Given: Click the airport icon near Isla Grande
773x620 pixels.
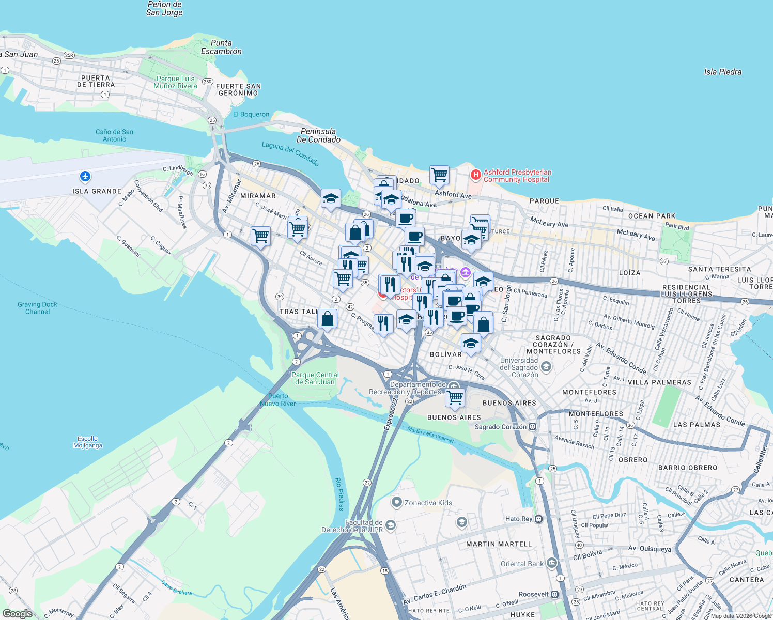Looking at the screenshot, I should [x=85, y=177].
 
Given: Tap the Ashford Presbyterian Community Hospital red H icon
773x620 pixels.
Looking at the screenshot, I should [x=475, y=176].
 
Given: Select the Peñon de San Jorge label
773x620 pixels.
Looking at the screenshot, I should [x=164, y=8].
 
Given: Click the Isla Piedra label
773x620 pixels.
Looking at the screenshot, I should [x=722, y=72].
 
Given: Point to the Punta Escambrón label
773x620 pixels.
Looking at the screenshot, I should [x=221, y=47].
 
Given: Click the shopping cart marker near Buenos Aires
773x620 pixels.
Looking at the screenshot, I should [x=455, y=398].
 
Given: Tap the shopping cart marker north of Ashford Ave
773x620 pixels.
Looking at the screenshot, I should [x=439, y=175].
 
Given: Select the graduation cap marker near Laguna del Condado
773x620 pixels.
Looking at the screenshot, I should [x=331, y=198].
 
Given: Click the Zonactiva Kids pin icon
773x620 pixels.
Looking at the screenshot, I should [x=396, y=502].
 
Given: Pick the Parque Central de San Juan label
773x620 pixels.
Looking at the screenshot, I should [x=315, y=378].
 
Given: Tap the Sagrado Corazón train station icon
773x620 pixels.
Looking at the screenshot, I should [x=533, y=427].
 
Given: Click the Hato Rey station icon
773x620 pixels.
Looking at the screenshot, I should [x=538, y=519].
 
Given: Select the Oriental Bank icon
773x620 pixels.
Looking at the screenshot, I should [x=551, y=563].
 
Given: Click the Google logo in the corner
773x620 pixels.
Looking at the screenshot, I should [x=18, y=614].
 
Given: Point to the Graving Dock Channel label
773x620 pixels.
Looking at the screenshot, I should [x=37, y=308].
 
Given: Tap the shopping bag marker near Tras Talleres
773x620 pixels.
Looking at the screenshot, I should [x=328, y=319].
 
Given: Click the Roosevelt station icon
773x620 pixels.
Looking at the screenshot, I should [x=554, y=594].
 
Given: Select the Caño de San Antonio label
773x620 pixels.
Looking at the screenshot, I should [x=114, y=135].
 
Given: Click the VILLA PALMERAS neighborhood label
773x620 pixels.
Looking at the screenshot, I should [x=659, y=382].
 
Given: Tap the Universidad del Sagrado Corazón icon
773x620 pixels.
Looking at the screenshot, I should [x=546, y=367].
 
